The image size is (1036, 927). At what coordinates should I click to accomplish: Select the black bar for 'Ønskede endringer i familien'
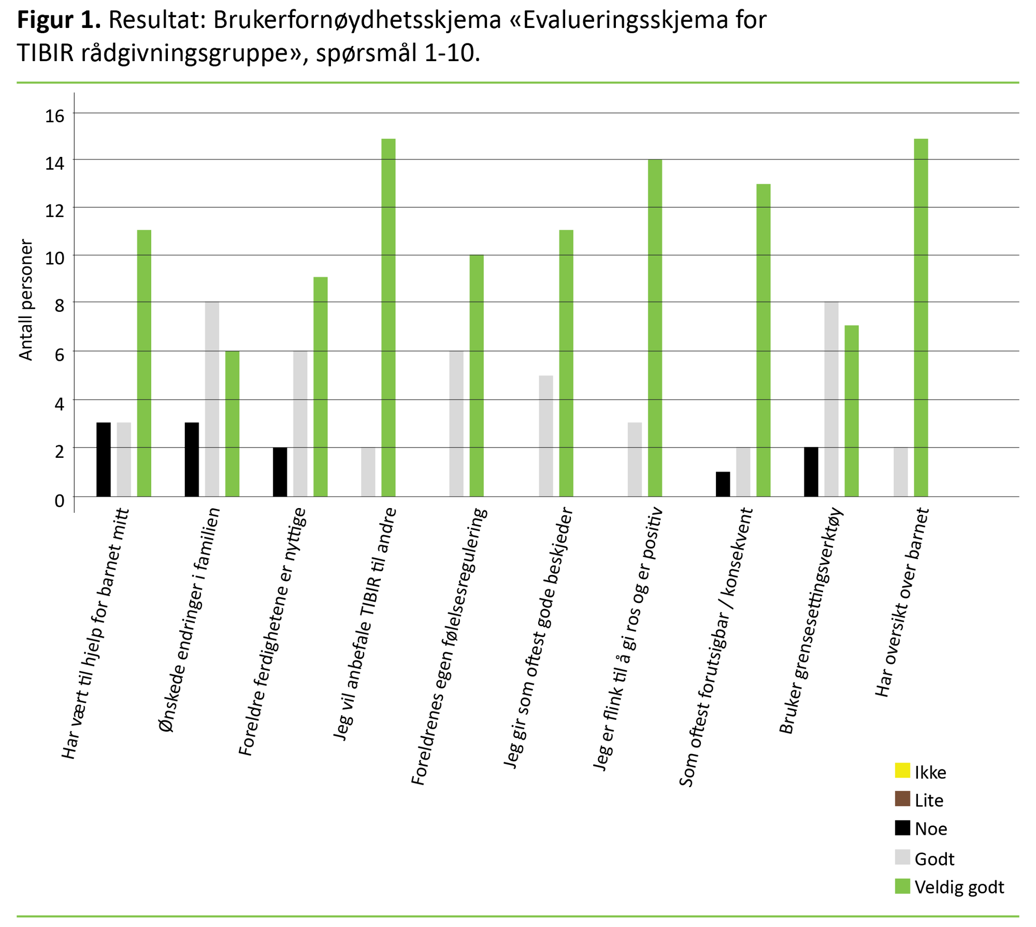pos(192,459)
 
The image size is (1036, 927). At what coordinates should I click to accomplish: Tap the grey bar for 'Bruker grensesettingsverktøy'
pos(831,399)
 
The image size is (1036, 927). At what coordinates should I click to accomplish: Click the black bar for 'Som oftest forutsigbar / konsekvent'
pos(723,484)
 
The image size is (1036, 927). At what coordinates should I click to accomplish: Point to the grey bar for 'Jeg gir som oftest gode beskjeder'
pos(546,436)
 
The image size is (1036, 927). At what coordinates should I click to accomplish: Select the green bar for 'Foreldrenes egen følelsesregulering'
pos(477,375)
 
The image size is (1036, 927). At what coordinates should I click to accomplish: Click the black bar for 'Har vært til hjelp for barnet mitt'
pos(104,459)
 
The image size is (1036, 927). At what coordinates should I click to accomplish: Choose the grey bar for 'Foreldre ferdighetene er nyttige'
pos(300,424)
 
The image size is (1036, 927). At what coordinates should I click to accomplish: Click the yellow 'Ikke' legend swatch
pos(902,770)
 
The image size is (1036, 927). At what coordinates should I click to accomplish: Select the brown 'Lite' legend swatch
pos(902,799)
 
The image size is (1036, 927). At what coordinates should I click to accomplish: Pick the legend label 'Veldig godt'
pos(959,887)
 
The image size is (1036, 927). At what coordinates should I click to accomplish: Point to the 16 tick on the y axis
pos(55,115)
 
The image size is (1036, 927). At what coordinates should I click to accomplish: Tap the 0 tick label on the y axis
pos(60,500)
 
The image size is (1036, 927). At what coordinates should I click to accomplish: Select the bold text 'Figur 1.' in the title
pos(59,21)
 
